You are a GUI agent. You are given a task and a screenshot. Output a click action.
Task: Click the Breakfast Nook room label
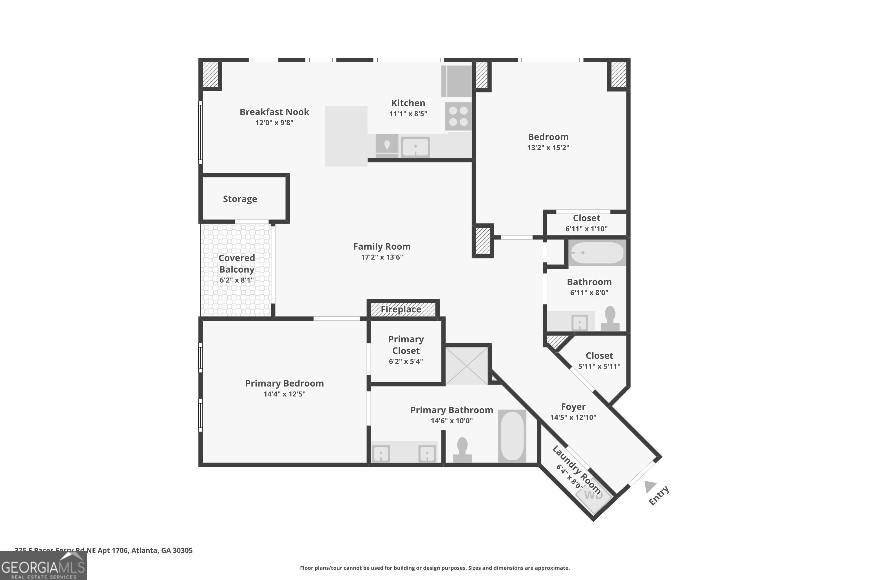tap(274, 112)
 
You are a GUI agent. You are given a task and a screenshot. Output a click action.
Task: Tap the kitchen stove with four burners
tap(458, 116)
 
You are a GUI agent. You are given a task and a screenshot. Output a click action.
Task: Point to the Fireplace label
tap(401, 309)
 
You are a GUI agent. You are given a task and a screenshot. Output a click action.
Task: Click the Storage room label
tap(240, 199)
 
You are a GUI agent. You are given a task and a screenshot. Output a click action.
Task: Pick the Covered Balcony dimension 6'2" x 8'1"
tap(237, 280)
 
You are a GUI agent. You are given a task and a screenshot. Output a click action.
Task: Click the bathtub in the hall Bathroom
tap(597, 253)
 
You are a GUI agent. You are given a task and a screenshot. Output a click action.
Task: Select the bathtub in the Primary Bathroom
tap(512, 436)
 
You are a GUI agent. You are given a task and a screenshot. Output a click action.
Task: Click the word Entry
tap(659, 496)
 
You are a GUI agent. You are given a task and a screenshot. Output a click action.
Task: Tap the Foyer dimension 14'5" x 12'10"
tap(573, 417)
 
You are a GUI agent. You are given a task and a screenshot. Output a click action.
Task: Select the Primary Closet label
tap(406, 345)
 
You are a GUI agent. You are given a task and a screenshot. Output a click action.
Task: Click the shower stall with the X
tap(466, 365)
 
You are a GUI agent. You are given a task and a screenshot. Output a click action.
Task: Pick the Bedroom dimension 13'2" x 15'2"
tap(548, 148)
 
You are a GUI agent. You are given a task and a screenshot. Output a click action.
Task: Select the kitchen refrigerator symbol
tap(456, 81)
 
